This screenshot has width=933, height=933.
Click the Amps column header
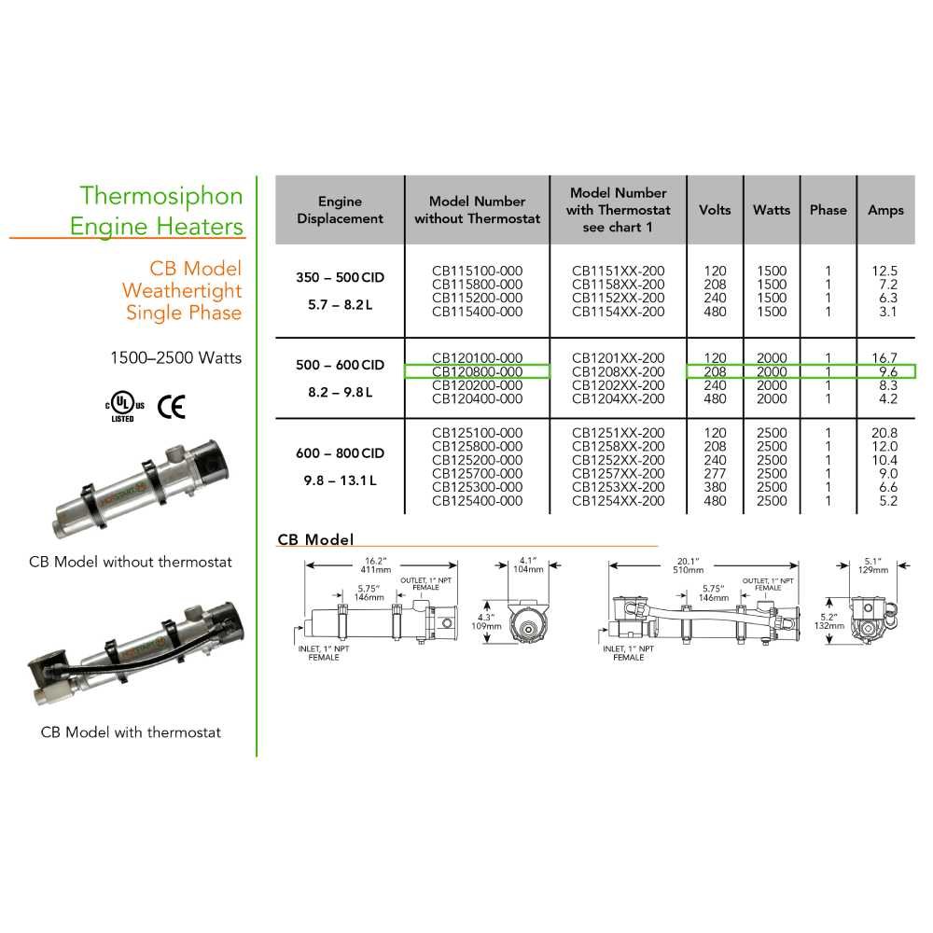pos(885,210)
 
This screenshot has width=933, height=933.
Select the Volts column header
pos(715,210)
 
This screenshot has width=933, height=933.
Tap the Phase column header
pos(828,210)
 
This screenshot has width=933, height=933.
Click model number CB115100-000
pos(477,272)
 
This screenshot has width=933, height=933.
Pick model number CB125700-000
pos(477,474)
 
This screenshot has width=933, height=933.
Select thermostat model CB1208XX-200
pos(619,371)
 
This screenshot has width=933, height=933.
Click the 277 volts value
pos(715,474)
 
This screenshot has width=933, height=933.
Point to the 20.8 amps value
pos(884,433)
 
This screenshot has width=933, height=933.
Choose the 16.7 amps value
pos(884,358)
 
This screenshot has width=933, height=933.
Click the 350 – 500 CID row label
pos(340,278)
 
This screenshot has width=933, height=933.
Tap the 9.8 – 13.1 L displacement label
pos(340,481)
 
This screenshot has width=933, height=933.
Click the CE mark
pos(171,406)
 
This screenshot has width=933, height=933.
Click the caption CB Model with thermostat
pos(131,732)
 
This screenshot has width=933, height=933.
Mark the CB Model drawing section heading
pos(315,540)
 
